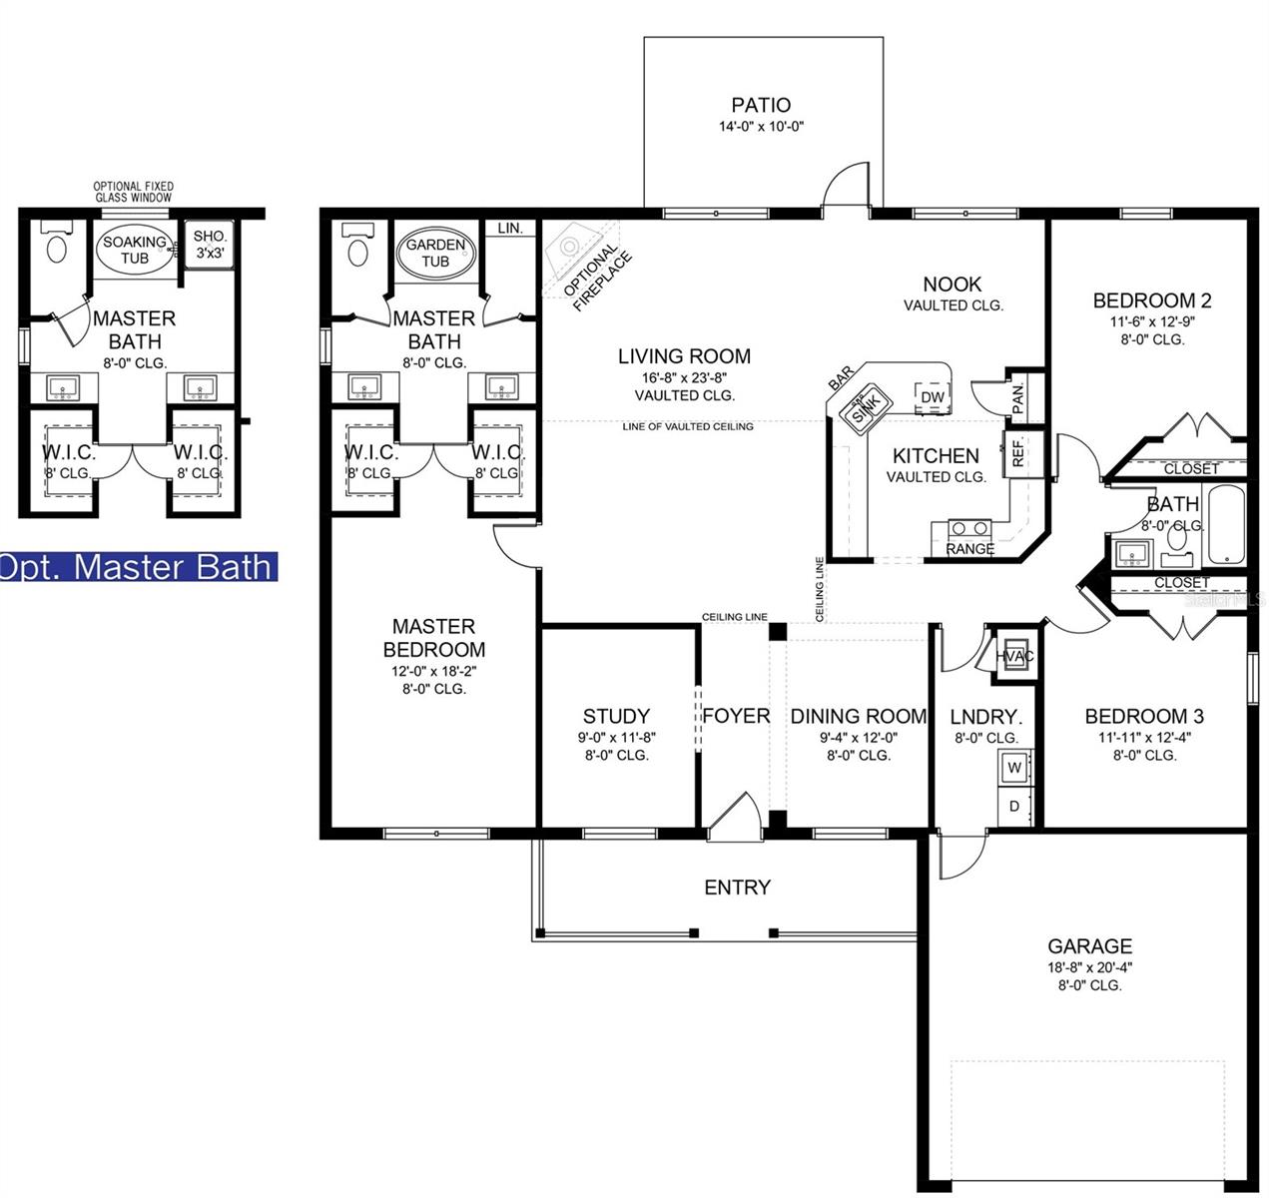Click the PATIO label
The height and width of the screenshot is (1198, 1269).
[x=761, y=105]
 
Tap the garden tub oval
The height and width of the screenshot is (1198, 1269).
[x=435, y=253]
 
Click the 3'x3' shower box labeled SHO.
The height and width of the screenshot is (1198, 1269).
[x=211, y=245]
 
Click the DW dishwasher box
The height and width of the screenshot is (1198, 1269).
[x=932, y=397]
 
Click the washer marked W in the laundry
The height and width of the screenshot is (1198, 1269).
[x=1014, y=768]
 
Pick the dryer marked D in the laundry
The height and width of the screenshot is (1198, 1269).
[x=1014, y=806]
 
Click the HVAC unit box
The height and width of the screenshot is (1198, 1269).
[x=1015, y=656]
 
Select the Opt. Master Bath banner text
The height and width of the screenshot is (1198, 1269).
[x=137, y=567]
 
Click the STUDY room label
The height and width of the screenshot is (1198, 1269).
[x=616, y=716]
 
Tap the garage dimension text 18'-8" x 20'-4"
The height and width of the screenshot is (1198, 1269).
[x=1089, y=966]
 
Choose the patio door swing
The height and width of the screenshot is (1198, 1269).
[x=848, y=187]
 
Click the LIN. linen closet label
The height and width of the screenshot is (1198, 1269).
[x=509, y=229]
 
